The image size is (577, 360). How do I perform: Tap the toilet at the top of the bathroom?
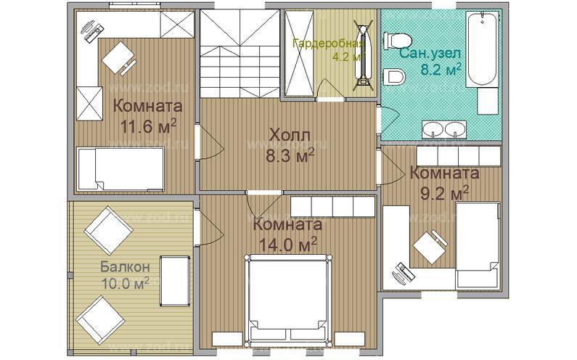coord(400,41)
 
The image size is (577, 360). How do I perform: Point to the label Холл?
coord(288,135)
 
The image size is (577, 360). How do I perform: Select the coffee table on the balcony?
coord(173,281)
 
